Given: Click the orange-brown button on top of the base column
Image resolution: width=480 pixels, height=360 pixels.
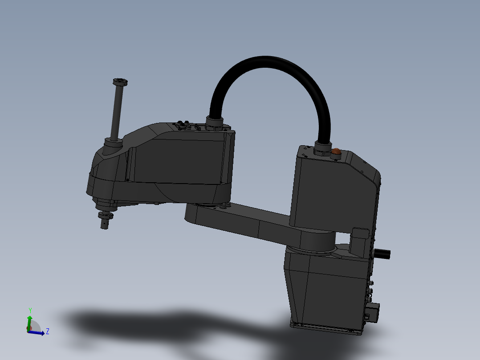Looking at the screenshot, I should point(337,151).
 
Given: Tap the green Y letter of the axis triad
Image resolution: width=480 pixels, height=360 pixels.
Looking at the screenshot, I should point(30,310).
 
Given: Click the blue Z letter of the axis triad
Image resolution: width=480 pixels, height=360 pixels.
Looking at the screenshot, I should point(47,331).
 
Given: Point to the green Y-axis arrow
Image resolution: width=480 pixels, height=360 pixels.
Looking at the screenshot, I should point(29,322).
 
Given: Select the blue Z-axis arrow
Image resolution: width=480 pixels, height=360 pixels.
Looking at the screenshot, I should point(38,333).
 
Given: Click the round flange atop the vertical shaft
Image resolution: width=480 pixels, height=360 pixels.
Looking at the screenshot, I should point(120,82).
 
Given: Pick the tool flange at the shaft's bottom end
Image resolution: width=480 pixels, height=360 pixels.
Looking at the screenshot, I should point(106,218).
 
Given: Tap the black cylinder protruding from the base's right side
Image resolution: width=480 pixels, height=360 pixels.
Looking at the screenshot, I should point(382,254).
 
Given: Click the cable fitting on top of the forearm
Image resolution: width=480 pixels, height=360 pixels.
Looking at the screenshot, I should point(215,122).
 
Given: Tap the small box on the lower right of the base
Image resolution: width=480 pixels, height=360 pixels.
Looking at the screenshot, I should point(373,312).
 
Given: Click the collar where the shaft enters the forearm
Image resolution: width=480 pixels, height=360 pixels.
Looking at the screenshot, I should point(114,144).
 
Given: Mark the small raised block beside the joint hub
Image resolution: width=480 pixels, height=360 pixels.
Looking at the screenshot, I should point(360,241).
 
